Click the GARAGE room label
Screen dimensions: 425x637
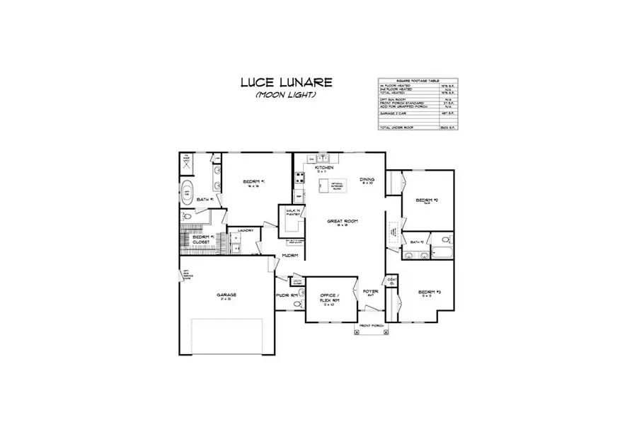[226, 295]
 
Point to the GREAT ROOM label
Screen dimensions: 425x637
[342, 222]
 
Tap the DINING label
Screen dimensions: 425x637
[367, 180]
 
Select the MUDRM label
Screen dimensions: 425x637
[289, 255]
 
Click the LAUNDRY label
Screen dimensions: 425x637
[246, 230]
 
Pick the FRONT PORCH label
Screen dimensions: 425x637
[372, 327]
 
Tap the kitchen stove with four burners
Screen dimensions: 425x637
[299, 178]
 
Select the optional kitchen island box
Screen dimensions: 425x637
[332, 186]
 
